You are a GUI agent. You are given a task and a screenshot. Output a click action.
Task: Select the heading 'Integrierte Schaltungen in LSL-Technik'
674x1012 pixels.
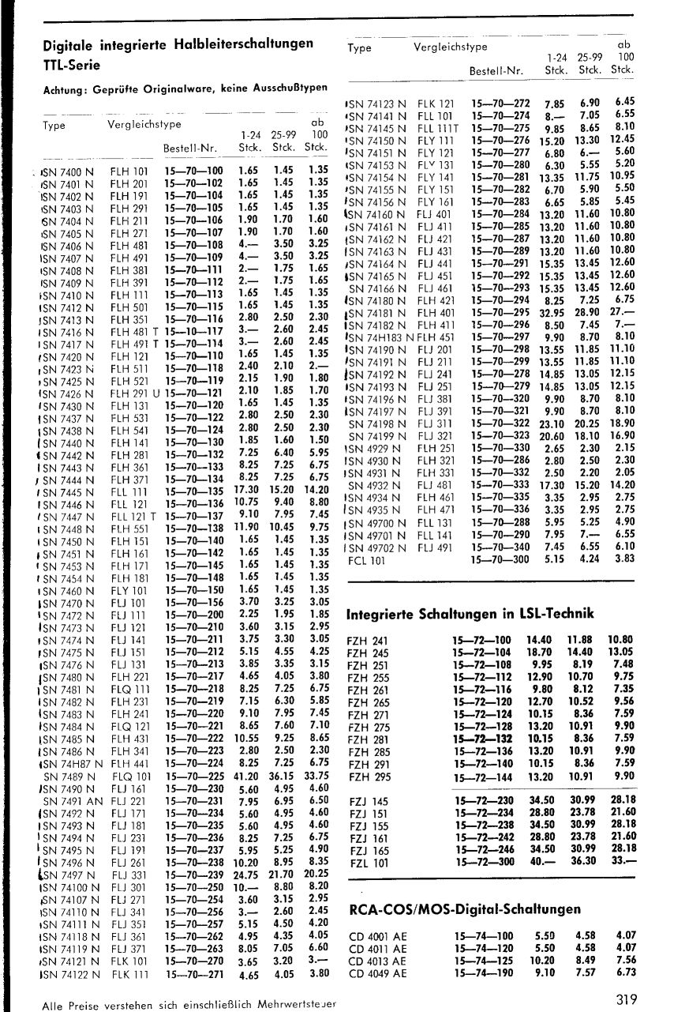pyautogui.click(x=470, y=614)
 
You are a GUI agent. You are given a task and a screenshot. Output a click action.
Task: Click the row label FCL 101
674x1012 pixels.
pyautogui.click(x=367, y=561)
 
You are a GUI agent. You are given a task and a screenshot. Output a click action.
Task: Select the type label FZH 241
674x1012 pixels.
pyautogui.click(x=368, y=639)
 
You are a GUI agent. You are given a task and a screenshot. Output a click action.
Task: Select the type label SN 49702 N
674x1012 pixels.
pyautogui.click(x=377, y=547)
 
